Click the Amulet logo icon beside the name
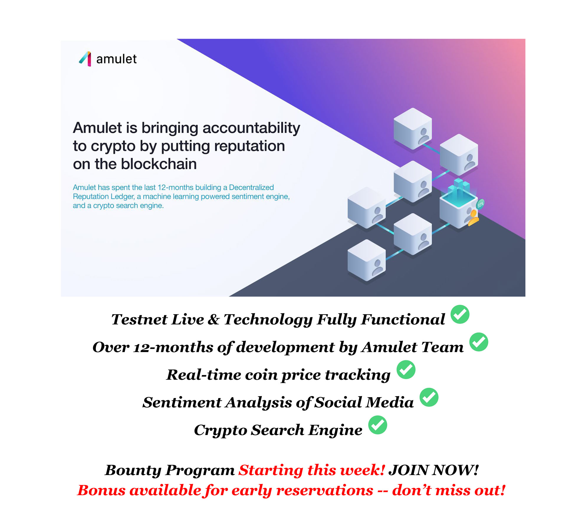85,59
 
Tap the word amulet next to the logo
116,59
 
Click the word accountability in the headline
251,128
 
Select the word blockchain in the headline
159,164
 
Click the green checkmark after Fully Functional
460,314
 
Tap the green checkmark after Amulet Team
479,342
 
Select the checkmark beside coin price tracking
406,370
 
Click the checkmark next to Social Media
429,397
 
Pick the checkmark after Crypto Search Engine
378,425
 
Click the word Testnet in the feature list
139,319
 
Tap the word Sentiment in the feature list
182,402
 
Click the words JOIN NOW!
433,470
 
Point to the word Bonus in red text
101,490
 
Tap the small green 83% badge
480,204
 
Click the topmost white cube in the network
413,129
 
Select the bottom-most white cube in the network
366,260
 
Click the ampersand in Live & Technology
213,319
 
